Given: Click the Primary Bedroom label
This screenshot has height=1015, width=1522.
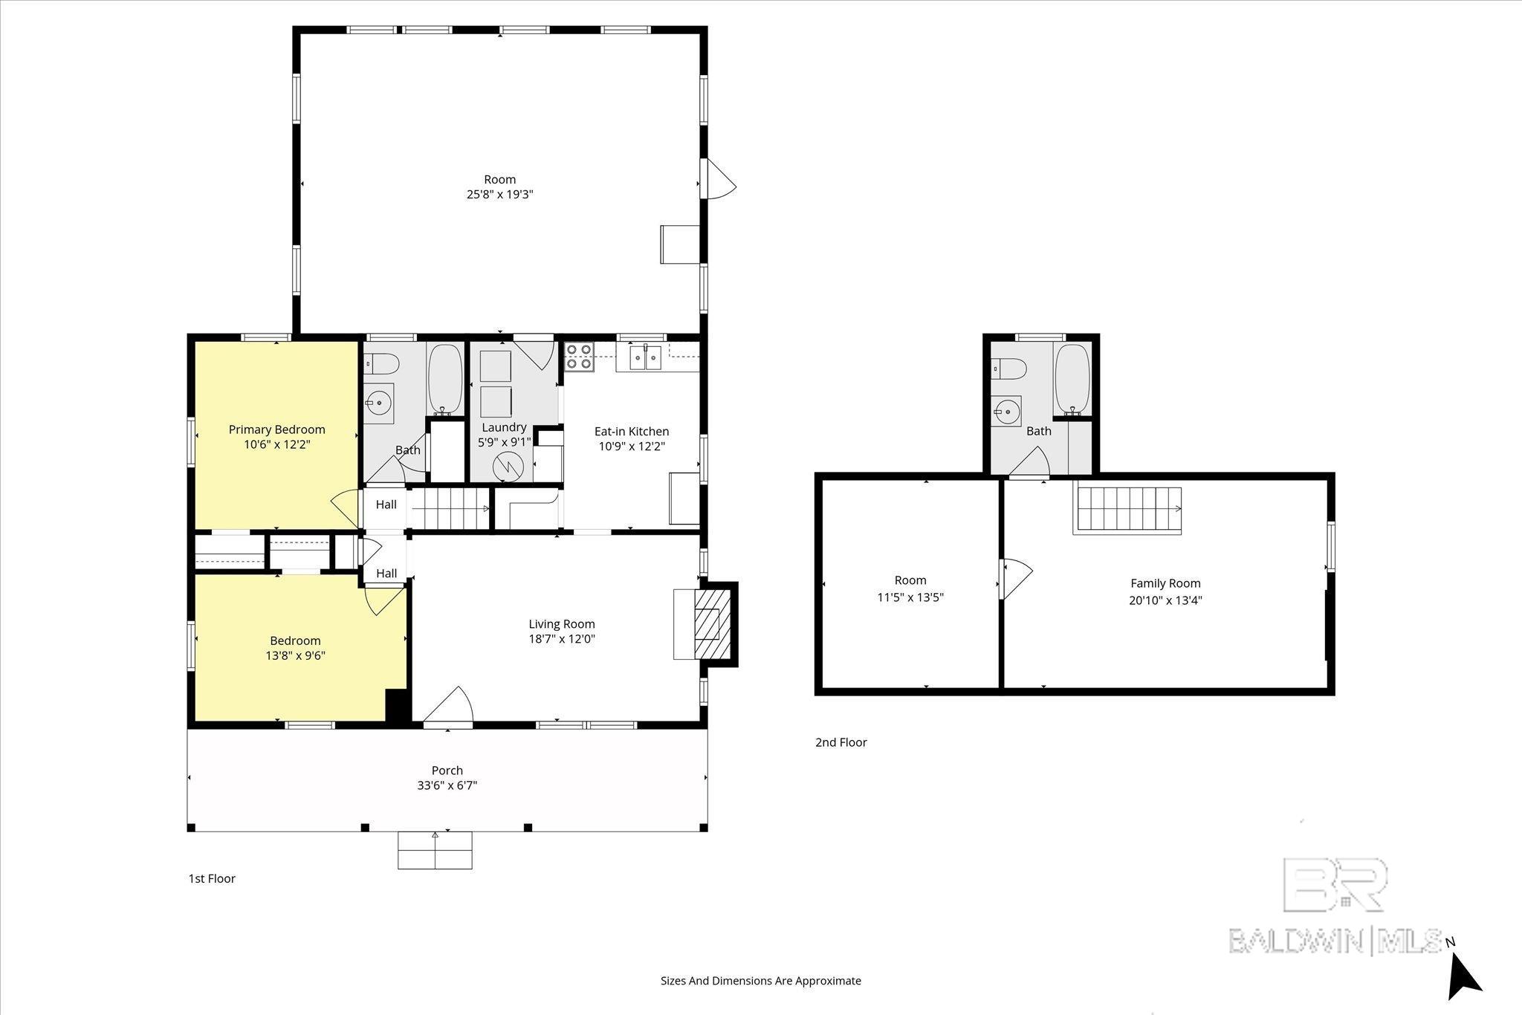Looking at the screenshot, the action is click(276, 429).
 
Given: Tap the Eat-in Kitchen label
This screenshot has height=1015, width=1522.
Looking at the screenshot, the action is click(632, 431).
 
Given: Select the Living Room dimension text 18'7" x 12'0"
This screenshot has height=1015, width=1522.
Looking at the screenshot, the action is click(562, 639).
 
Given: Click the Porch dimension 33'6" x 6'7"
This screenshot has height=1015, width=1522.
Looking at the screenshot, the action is click(447, 785).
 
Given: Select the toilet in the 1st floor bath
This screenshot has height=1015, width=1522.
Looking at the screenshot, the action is click(383, 363).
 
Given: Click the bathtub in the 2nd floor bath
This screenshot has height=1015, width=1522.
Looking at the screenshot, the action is click(1072, 379).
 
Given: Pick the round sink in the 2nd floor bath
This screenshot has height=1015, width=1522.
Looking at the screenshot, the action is click(1007, 409).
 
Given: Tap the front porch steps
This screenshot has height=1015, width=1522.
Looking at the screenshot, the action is click(435, 850).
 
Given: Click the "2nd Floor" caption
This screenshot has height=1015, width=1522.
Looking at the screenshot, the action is click(841, 742).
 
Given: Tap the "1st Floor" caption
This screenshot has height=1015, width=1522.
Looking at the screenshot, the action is click(212, 878).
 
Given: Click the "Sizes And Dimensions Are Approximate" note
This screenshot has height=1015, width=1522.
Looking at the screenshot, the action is click(761, 981).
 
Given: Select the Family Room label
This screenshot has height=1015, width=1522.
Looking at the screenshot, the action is click(1165, 583).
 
